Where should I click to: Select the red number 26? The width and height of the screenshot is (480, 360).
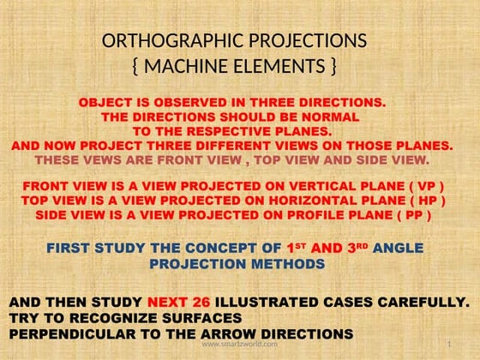[196, 303]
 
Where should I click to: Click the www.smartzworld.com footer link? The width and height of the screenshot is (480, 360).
[239, 344]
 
